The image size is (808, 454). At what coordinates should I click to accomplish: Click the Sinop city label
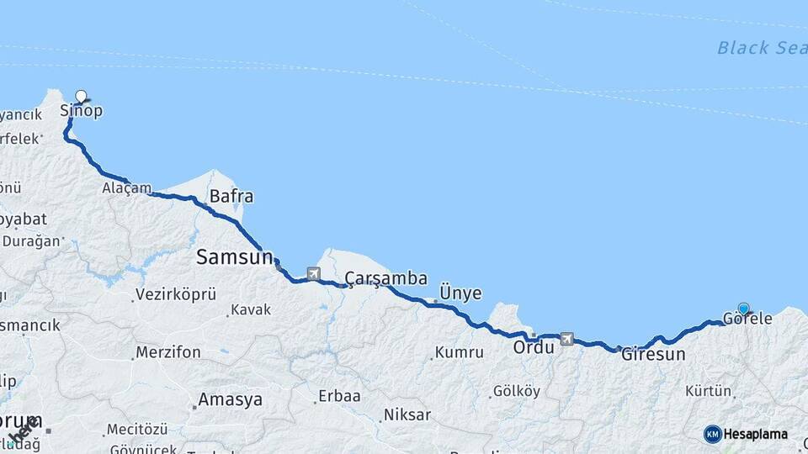point(82,111)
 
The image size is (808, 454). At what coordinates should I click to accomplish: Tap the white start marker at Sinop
point(81,96)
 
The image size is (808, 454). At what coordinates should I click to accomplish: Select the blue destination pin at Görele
point(743,309)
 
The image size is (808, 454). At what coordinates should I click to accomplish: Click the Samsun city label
point(235,257)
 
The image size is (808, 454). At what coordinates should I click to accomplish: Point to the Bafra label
point(231,197)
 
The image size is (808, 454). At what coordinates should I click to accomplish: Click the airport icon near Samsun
point(314,273)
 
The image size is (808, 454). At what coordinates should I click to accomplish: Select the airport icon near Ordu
point(566,339)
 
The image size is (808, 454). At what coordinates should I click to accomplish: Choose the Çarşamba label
point(386,278)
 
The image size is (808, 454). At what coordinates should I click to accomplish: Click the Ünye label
point(460,293)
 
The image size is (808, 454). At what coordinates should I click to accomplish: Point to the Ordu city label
point(533,346)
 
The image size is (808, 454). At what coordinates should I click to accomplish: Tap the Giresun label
point(653,355)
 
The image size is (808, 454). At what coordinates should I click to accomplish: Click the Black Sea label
point(762,48)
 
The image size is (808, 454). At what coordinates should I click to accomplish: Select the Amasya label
point(230,399)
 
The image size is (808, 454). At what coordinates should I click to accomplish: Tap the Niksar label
point(407,414)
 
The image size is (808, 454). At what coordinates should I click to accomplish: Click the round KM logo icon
point(712,434)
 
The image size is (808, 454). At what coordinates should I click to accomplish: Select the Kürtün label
point(708,391)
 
